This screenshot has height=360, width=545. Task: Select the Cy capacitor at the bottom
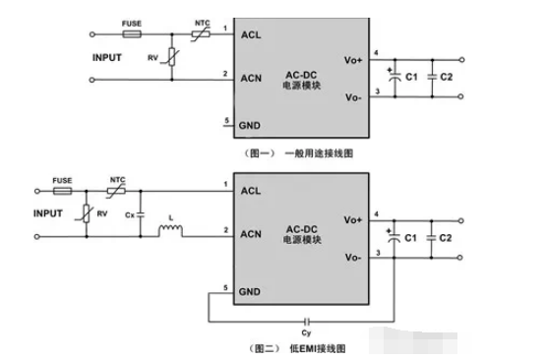coord(309,322)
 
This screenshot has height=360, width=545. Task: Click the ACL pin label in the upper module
coord(252,35)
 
